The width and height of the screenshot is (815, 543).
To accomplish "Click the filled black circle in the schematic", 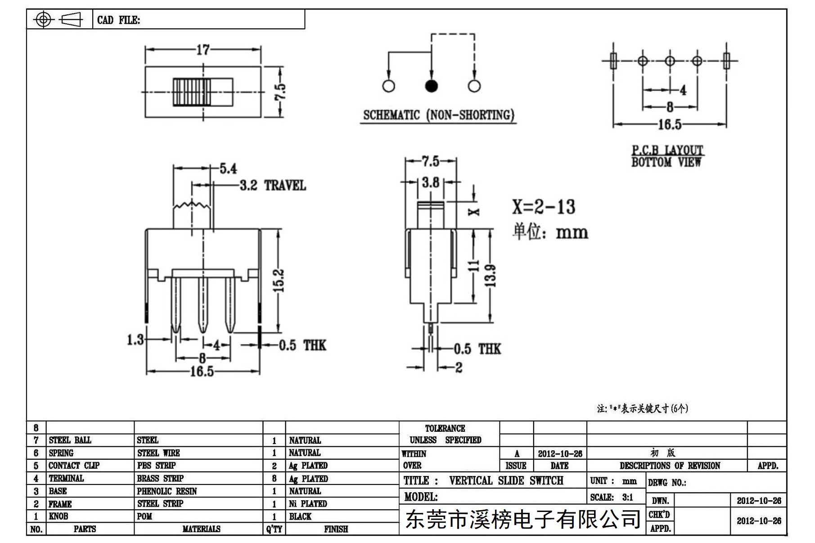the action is click(x=431, y=86).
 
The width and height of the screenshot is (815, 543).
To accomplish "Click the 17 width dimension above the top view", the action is click(x=203, y=49).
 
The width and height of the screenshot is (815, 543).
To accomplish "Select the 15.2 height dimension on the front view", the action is click(x=279, y=280).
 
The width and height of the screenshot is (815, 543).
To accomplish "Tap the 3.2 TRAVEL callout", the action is click(x=273, y=185).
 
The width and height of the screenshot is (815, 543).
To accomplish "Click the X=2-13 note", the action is click(x=544, y=207).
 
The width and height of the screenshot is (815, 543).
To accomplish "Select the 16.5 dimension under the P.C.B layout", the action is click(x=670, y=125).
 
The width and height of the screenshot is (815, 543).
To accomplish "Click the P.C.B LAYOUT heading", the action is click(x=667, y=150).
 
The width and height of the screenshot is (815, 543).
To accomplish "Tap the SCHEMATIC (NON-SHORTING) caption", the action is click(x=438, y=115).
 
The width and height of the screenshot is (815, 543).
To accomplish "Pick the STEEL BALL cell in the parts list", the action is click(x=70, y=440).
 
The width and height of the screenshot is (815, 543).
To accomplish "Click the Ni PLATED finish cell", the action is click(x=308, y=504).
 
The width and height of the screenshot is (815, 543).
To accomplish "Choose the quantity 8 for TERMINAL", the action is click(x=274, y=479).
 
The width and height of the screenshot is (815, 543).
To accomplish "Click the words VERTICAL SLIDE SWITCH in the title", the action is click(x=506, y=480).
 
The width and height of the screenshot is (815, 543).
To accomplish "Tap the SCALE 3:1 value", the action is click(x=627, y=498).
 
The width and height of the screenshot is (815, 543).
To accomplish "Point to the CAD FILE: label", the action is click(x=119, y=20).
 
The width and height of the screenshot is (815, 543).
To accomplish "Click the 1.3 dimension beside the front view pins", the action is click(x=135, y=340).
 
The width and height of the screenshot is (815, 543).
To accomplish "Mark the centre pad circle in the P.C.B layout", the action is click(x=670, y=61).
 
